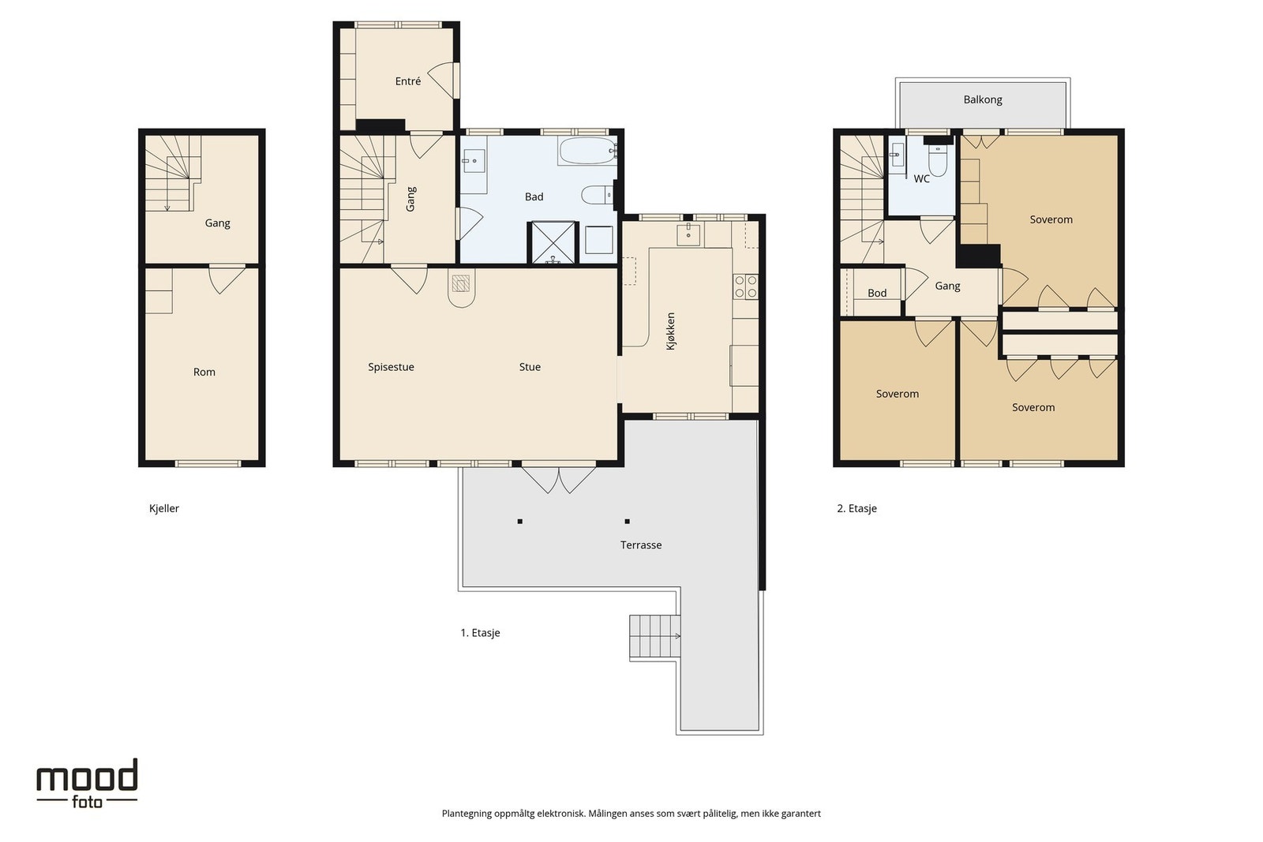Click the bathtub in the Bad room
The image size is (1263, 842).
pyautogui.click(x=587, y=151)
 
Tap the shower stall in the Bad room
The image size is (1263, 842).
pyautogui.click(x=553, y=243)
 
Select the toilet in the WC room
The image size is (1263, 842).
pyautogui.click(x=937, y=160)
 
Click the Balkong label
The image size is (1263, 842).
pyautogui.click(x=983, y=99)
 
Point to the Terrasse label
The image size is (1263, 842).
pyautogui.click(x=640, y=545)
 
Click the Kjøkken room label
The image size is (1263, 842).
pyautogui.click(x=670, y=331)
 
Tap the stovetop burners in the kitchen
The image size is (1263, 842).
pyautogui.click(x=746, y=286)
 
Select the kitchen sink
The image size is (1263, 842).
pyautogui.click(x=688, y=234)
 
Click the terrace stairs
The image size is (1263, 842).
pyautogui.click(x=655, y=636)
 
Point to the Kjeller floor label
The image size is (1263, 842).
pyautogui.click(x=164, y=508)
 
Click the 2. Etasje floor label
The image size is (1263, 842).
pyautogui.click(x=856, y=508)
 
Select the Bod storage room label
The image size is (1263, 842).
pyautogui.click(x=877, y=293)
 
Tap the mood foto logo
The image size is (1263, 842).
pyautogui.click(x=87, y=783)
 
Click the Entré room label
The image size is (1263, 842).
pyautogui.click(x=407, y=81)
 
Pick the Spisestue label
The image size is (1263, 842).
pyautogui.click(x=391, y=367)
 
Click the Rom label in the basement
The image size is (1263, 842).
pyautogui.click(x=204, y=372)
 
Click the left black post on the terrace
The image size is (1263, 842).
pyautogui.click(x=520, y=522)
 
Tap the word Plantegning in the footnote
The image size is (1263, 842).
pyautogui.click(x=467, y=814)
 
